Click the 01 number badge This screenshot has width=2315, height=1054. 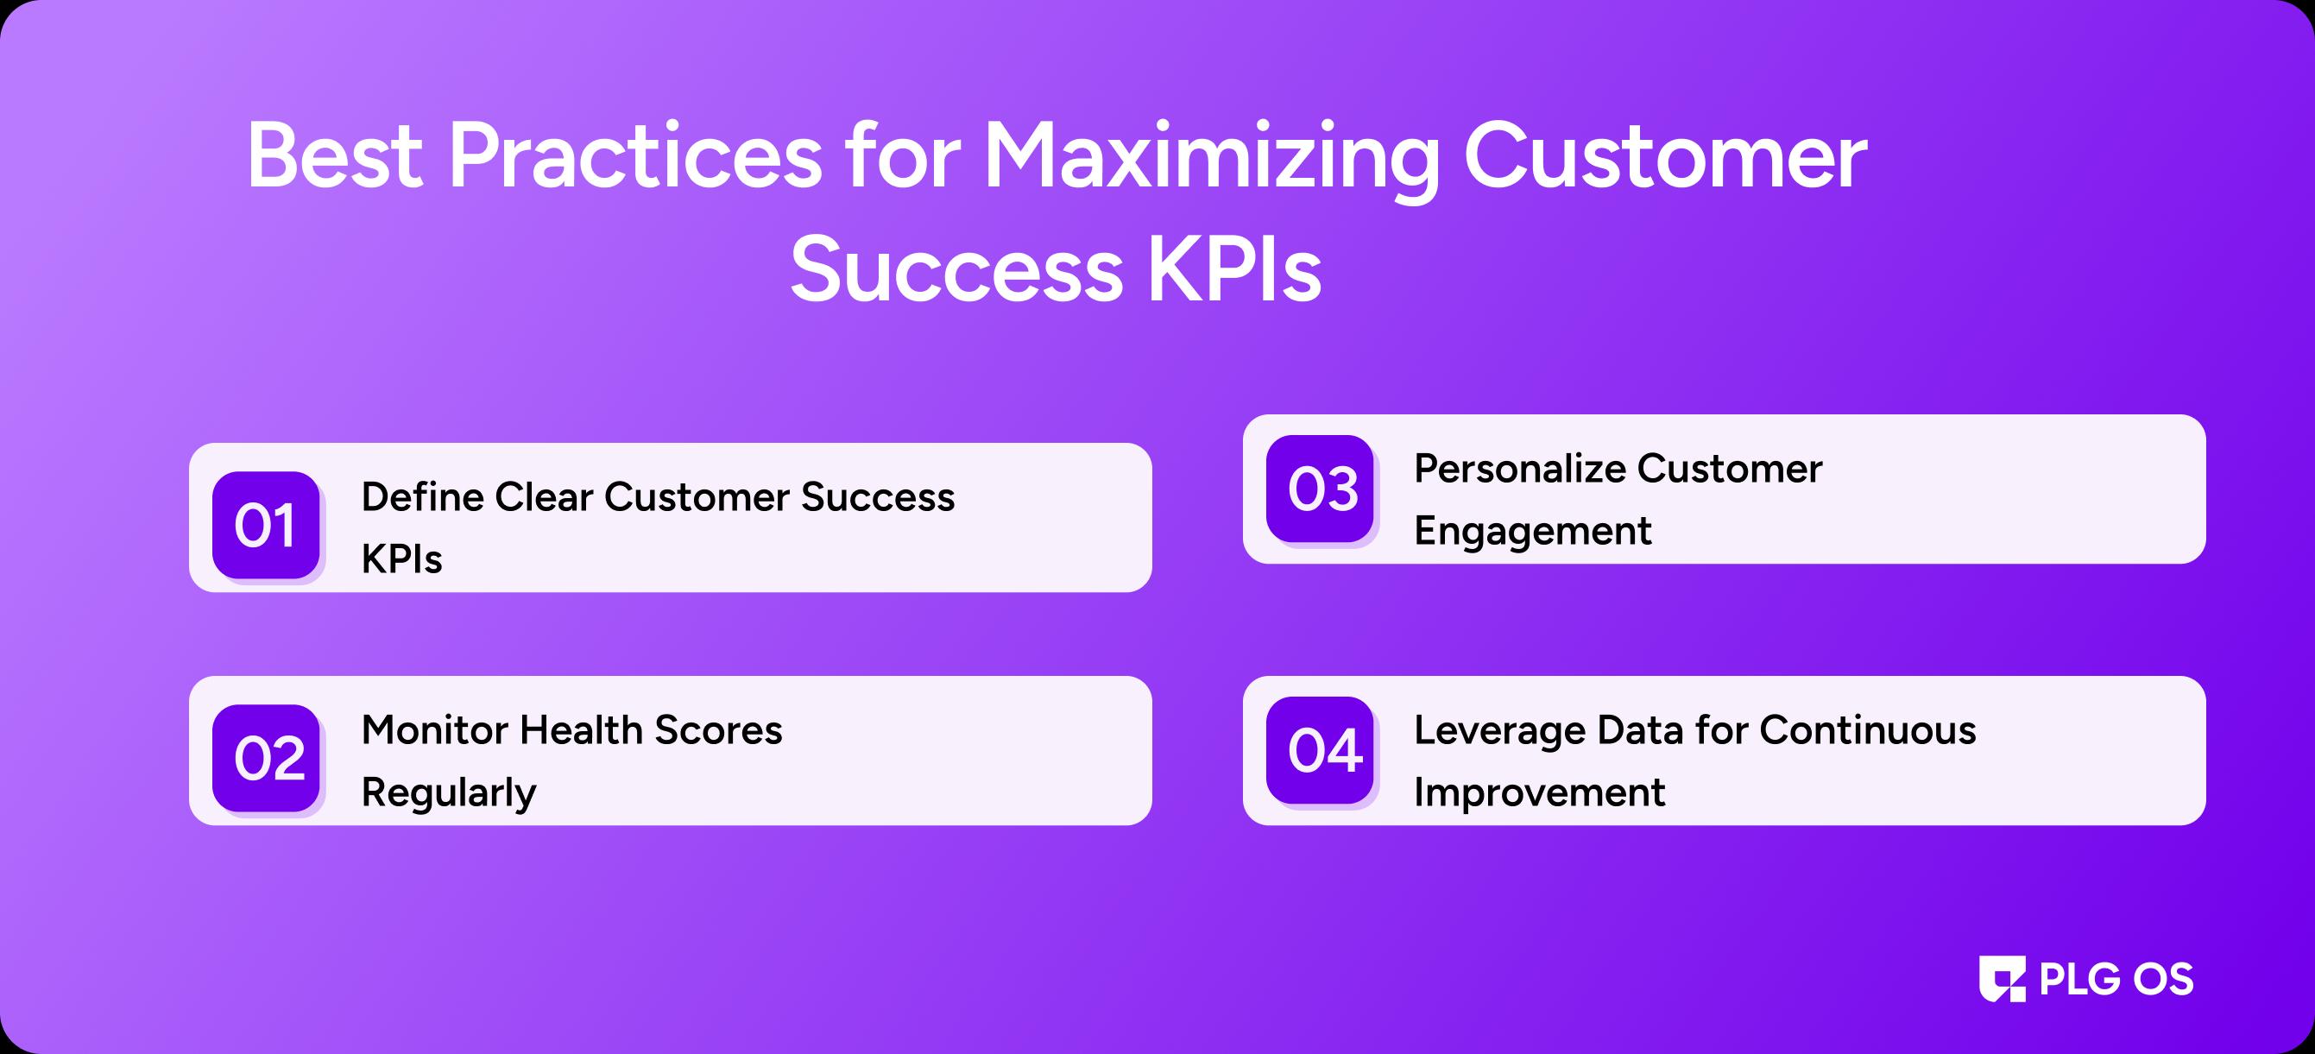[266, 525]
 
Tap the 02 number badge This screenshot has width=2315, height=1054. [266, 757]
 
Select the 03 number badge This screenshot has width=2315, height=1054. [1320, 489]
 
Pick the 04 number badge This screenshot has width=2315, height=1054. [1320, 750]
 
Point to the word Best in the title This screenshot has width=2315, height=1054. [334, 157]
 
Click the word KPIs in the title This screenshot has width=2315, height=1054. [1233, 268]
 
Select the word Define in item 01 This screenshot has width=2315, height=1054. [419, 496]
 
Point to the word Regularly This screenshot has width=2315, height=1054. [449, 793]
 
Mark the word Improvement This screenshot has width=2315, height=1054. [1539, 792]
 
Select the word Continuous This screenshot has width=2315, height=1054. [1868, 729]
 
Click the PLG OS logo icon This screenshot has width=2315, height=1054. [2003, 979]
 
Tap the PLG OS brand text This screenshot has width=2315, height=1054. [2116, 979]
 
